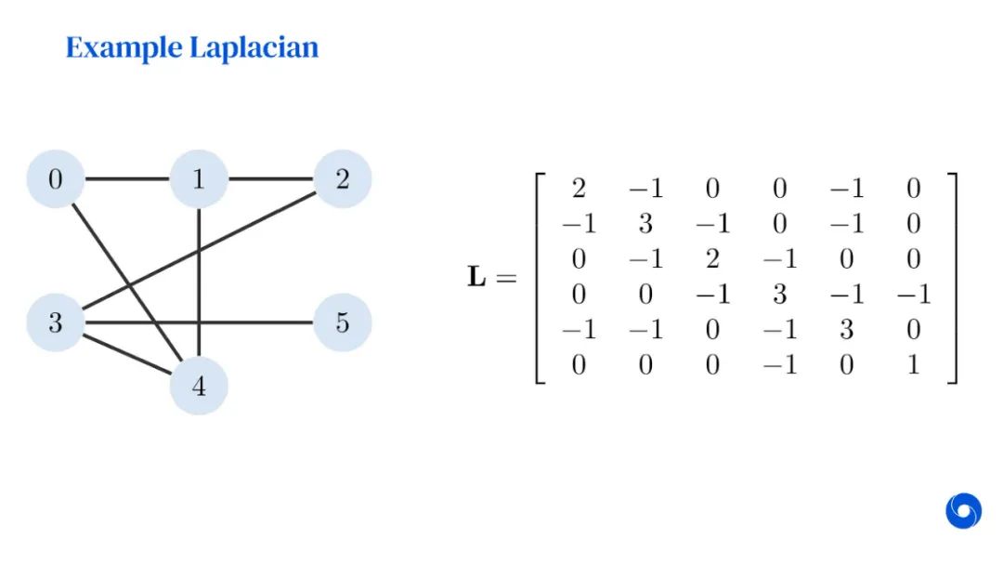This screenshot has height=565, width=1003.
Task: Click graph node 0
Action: [56, 178]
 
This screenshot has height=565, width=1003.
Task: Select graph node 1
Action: [199, 178]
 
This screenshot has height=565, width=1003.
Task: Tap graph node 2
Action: [343, 178]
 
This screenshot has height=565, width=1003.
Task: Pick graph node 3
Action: [56, 323]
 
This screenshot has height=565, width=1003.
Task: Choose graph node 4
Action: [199, 386]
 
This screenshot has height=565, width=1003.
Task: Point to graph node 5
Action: [343, 323]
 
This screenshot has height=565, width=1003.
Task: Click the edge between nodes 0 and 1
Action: [127, 178]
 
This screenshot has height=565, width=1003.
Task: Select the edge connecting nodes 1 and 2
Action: [270, 178]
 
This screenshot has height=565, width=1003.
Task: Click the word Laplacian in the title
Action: [254, 48]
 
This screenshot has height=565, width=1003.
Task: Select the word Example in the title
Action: [124, 48]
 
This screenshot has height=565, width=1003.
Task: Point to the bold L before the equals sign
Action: [476, 277]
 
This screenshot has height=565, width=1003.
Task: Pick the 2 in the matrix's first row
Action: [579, 189]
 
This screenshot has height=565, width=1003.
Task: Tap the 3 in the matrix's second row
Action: [645, 224]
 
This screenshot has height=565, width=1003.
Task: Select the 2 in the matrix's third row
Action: [712, 259]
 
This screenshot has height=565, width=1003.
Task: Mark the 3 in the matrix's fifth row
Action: [846, 330]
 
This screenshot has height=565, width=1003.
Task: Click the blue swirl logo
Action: [963, 510]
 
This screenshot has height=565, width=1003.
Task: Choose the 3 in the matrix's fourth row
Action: [779, 295]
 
